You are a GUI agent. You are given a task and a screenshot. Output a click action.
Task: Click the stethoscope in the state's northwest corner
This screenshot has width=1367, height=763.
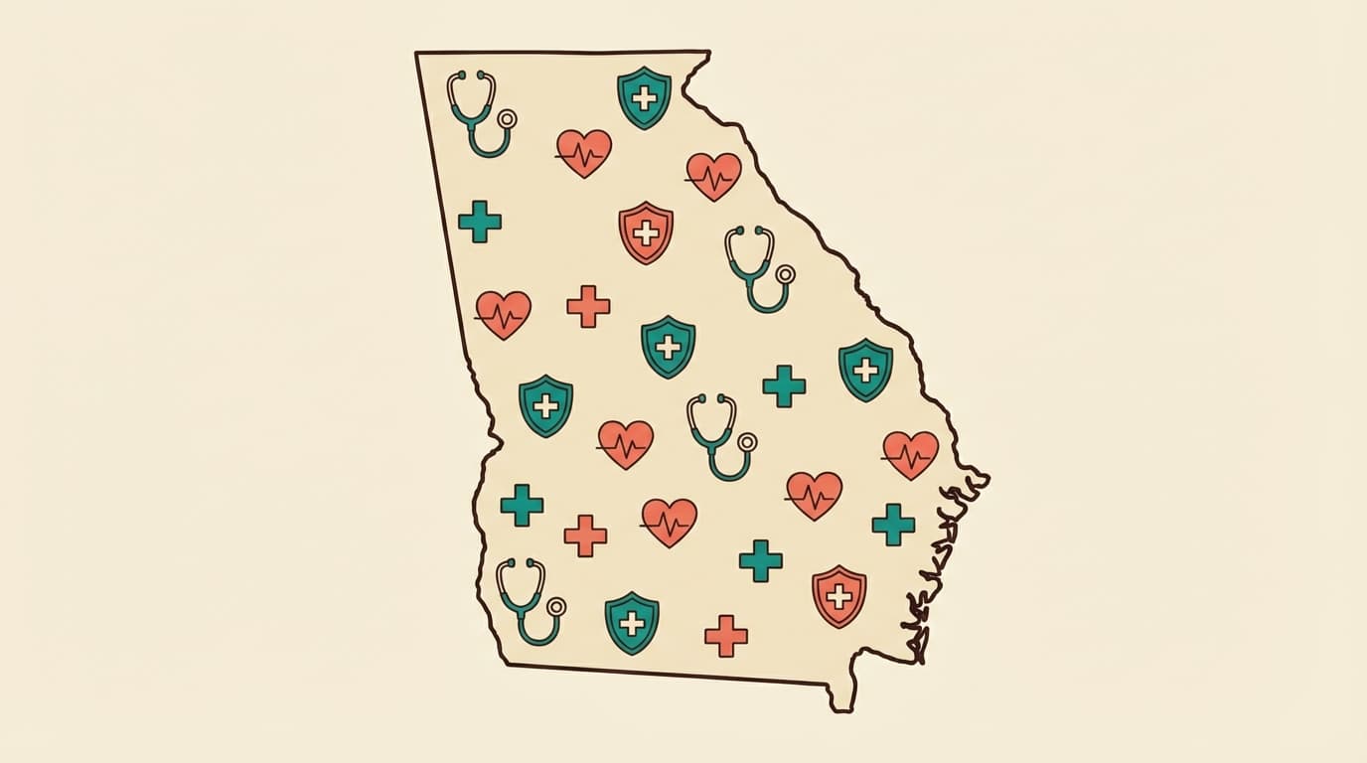coord(478,112)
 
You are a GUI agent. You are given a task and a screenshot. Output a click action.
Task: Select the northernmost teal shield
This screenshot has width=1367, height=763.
coord(644,97)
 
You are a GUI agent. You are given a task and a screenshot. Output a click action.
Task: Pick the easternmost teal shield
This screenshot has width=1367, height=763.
coord(865,370)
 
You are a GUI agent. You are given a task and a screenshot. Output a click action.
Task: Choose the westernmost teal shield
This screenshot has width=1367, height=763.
coord(545,405)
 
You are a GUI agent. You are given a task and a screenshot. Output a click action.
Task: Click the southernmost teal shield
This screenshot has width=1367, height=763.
coord(632,623)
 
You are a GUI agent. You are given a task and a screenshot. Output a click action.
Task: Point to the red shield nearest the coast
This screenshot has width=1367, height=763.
coord(838,596)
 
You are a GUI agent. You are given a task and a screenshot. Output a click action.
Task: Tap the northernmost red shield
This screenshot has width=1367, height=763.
coord(646,232)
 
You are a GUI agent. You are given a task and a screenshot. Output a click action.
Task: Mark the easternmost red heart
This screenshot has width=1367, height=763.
coord(910,454)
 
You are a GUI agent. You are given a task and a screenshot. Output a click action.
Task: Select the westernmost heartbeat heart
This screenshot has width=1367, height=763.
coord(503,314)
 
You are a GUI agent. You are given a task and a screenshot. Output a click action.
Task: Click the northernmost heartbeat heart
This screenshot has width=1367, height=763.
coord(583,153)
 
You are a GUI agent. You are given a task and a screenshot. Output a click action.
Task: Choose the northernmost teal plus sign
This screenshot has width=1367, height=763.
coord(480,221)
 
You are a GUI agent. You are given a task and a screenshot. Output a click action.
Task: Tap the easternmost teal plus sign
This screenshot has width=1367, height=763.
coord(893,524)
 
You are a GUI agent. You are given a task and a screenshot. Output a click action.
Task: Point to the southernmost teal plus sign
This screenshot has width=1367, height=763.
coord(760,560)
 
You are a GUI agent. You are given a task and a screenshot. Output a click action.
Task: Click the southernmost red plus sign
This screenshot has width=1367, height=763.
coord(726,635)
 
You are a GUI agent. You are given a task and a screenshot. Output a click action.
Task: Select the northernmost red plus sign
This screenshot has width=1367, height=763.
coord(588,306)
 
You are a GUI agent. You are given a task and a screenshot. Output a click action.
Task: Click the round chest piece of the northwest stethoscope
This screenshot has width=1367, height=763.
coord(507,119)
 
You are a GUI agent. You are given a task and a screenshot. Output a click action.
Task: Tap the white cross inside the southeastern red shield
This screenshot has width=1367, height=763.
coord(838,596)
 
